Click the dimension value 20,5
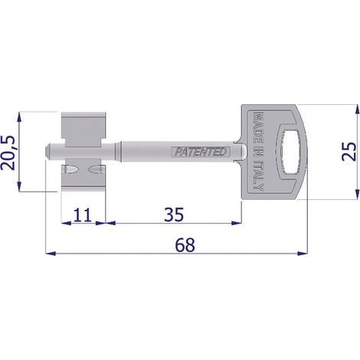pyautogui.click(x=8, y=152)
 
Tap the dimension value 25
pyautogui.click(x=349, y=152)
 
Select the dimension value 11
pyautogui.click(x=82, y=215)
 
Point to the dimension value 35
pyautogui.click(x=174, y=214)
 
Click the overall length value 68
pyautogui.click(x=185, y=244)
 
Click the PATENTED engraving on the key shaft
pyautogui.click(x=201, y=152)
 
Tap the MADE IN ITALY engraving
pyautogui.click(x=258, y=151)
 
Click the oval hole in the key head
pyautogui.click(x=290, y=152)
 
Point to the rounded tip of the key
pyautogui.click(x=47, y=152)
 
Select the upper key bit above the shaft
pyautogui.click(x=83, y=129)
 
